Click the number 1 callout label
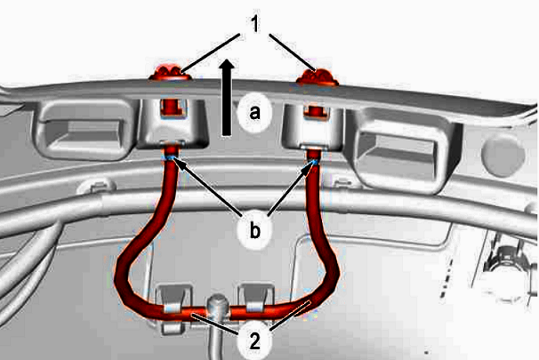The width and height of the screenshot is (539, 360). pos(254,25)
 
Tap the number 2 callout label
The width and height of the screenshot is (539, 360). pos(254,341)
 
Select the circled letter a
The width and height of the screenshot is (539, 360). pos(254,112)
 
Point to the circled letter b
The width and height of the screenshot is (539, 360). pos(254,231)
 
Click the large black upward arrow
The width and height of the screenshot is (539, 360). pos(227,97)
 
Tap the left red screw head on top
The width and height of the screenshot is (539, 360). pos(169,72)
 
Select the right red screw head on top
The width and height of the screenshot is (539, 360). pos(318,77)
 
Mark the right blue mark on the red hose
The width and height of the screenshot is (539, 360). pos(315,162)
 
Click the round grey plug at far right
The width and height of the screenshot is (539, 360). pos(503,155)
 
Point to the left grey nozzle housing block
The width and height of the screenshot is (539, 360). pos(172,124)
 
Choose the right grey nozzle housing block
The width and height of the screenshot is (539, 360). pos(312,127)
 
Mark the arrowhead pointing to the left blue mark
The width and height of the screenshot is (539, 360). pos(180,163)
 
